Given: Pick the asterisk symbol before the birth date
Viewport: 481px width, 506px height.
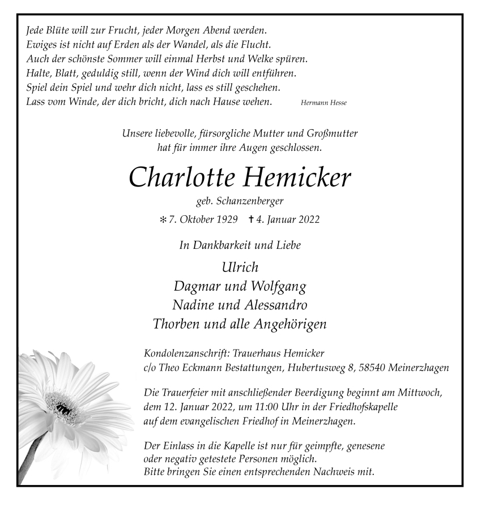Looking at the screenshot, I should tap(164, 219).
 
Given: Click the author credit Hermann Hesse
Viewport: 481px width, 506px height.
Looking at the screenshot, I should tap(323, 103).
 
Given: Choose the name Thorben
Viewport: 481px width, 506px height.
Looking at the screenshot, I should tap(177, 324).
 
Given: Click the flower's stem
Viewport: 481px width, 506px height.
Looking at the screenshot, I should tap(32, 459).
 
